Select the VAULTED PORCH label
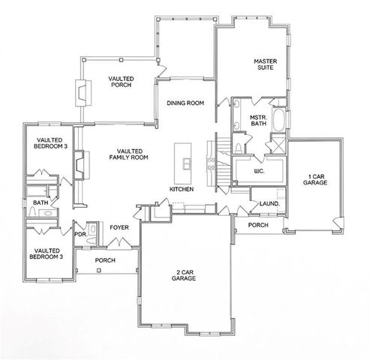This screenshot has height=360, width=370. click(120, 82)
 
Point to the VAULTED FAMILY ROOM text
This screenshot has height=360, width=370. click(128, 154)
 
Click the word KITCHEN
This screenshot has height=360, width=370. click(182, 190)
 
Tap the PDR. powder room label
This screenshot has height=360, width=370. click(80, 234)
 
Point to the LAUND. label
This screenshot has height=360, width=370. click(269, 203)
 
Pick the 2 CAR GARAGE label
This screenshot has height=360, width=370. click(182, 274)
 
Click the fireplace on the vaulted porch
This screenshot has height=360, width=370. click(80, 94)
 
